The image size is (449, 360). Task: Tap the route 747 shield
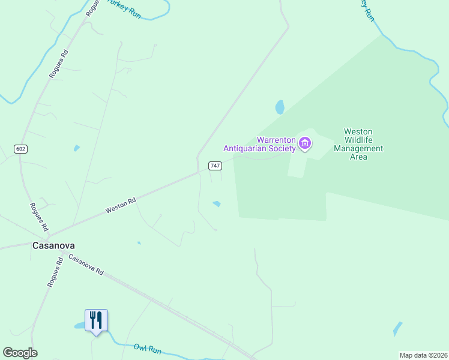point(215,165)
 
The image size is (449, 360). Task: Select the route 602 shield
point(21,149)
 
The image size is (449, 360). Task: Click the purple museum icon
point(305,144)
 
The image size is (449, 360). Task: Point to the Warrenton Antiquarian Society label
point(259,144)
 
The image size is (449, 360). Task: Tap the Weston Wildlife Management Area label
point(358,144)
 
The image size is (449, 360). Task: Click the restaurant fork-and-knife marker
point(96,320)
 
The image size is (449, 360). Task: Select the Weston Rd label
point(121,206)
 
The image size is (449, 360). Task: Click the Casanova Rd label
point(86,265)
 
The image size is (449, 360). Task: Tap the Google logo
point(20,353)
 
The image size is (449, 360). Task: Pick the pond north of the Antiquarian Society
point(280,107)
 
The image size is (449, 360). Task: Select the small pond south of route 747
point(216,204)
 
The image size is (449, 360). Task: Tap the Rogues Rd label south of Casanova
point(55,274)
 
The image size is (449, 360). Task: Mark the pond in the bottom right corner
point(397,328)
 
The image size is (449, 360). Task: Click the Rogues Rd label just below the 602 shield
point(38,217)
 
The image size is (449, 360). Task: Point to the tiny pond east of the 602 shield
point(76,148)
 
